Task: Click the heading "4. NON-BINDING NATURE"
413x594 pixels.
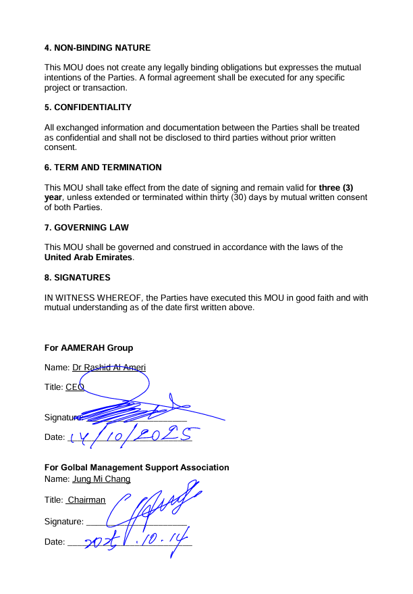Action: click(97, 48)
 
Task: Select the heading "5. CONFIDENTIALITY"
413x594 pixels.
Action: click(88, 107)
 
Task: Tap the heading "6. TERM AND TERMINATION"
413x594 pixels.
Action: click(103, 167)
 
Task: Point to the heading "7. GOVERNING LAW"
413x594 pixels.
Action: click(86, 227)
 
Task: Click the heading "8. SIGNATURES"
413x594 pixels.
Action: click(77, 278)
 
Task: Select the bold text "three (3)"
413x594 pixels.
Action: click(343, 188)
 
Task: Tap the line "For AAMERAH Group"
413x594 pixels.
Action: click(88, 348)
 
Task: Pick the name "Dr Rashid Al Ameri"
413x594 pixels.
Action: click(109, 368)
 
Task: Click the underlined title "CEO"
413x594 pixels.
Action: click(74, 387)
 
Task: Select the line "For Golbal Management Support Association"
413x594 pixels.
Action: click(136, 468)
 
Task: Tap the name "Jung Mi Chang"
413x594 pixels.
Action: click(101, 479)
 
